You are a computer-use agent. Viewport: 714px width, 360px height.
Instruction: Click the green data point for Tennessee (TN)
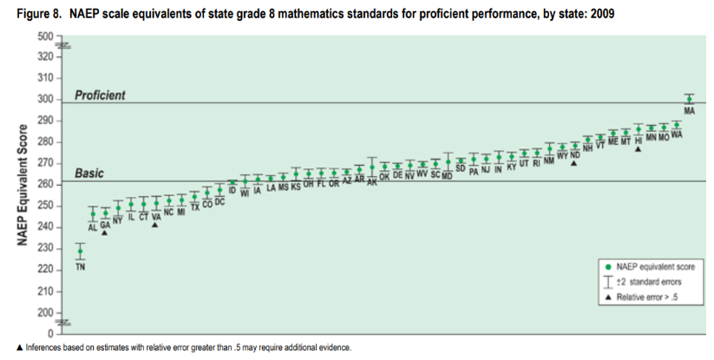(80, 252)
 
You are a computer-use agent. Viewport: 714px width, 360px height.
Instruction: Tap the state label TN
(80, 266)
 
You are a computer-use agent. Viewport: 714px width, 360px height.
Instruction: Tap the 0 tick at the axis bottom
(50, 333)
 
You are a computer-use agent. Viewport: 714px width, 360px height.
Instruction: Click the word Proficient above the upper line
(101, 95)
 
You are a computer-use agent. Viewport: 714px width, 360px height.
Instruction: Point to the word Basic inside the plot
(89, 173)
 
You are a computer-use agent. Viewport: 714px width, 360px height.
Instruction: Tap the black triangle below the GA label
(105, 232)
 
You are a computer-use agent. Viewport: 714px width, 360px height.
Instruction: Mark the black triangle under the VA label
(155, 225)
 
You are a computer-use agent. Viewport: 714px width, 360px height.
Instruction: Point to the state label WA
(677, 135)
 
